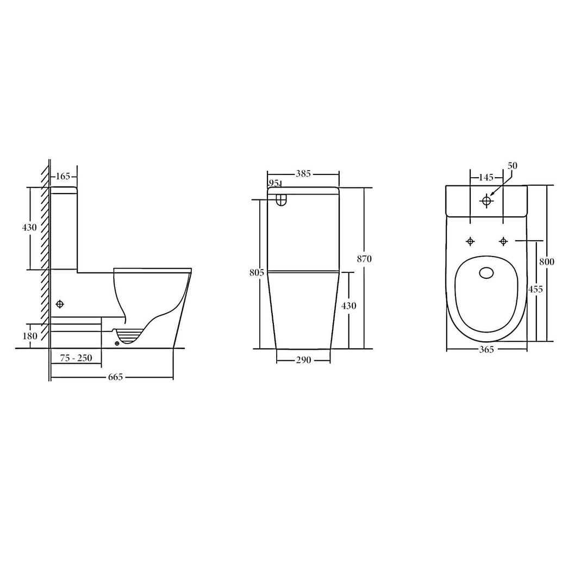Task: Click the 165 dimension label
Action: (64, 176)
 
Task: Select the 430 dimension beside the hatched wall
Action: (29, 227)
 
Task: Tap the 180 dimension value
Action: (30, 336)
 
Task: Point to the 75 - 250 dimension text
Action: (76, 358)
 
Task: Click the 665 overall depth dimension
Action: (115, 377)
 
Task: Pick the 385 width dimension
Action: (303, 174)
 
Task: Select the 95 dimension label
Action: (273, 183)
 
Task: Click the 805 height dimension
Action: (257, 272)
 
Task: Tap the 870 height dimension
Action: (364, 259)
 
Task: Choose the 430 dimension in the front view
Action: (348, 306)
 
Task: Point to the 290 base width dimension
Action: (303, 360)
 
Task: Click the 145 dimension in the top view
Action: (486, 177)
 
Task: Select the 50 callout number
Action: (513, 165)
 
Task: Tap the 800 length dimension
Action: (546, 261)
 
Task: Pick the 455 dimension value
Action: (535, 289)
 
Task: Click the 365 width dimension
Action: (486, 349)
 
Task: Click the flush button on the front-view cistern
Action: (281, 201)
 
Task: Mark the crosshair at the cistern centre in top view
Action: (486, 201)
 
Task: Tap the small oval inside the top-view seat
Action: (486, 273)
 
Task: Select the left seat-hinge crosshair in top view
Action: (470, 241)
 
